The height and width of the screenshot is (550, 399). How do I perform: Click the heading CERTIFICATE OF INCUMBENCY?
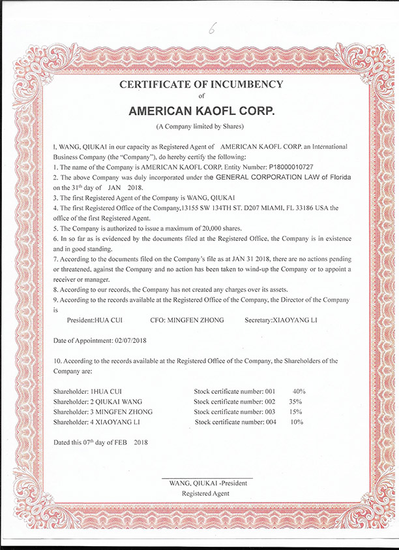point(201,84)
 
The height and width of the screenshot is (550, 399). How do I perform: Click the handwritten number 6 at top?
point(211,29)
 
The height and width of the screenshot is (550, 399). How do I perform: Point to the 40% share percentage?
point(299,391)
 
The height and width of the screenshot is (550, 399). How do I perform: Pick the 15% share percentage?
point(296,412)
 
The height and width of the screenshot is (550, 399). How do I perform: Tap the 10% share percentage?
point(296,423)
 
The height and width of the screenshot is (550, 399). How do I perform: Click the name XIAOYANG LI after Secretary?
point(295,320)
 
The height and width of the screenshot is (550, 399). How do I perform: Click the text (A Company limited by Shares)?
point(199,125)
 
